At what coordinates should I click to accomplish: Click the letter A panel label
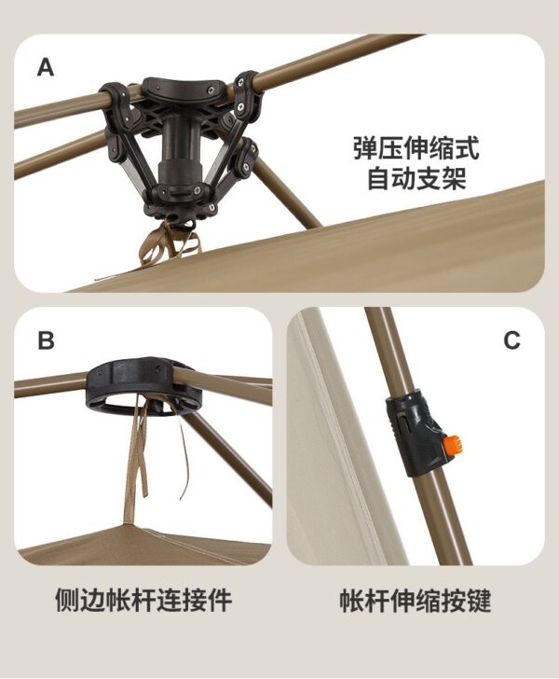click(x=46, y=68)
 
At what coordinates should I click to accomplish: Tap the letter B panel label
click(x=47, y=340)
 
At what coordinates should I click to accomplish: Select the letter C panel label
click(x=511, y=340)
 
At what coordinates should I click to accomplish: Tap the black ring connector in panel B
click(x=145, y=385)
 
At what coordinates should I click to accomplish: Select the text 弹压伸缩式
click(x=416, y=148)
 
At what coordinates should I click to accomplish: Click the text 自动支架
click(x=416, y=178)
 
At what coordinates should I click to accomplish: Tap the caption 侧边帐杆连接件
click(x=143, y=600)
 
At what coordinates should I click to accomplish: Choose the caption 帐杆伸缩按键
click(x=416, y=600)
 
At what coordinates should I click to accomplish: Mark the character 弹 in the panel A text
click(x=365, y=148)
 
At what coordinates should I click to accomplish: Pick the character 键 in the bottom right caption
click(x=479, y=600)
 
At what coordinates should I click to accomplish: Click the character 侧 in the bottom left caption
click(x=67, y=600)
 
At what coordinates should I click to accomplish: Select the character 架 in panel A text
click(x=454, y=178)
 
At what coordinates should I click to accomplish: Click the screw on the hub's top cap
click(x=211, y=90)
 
